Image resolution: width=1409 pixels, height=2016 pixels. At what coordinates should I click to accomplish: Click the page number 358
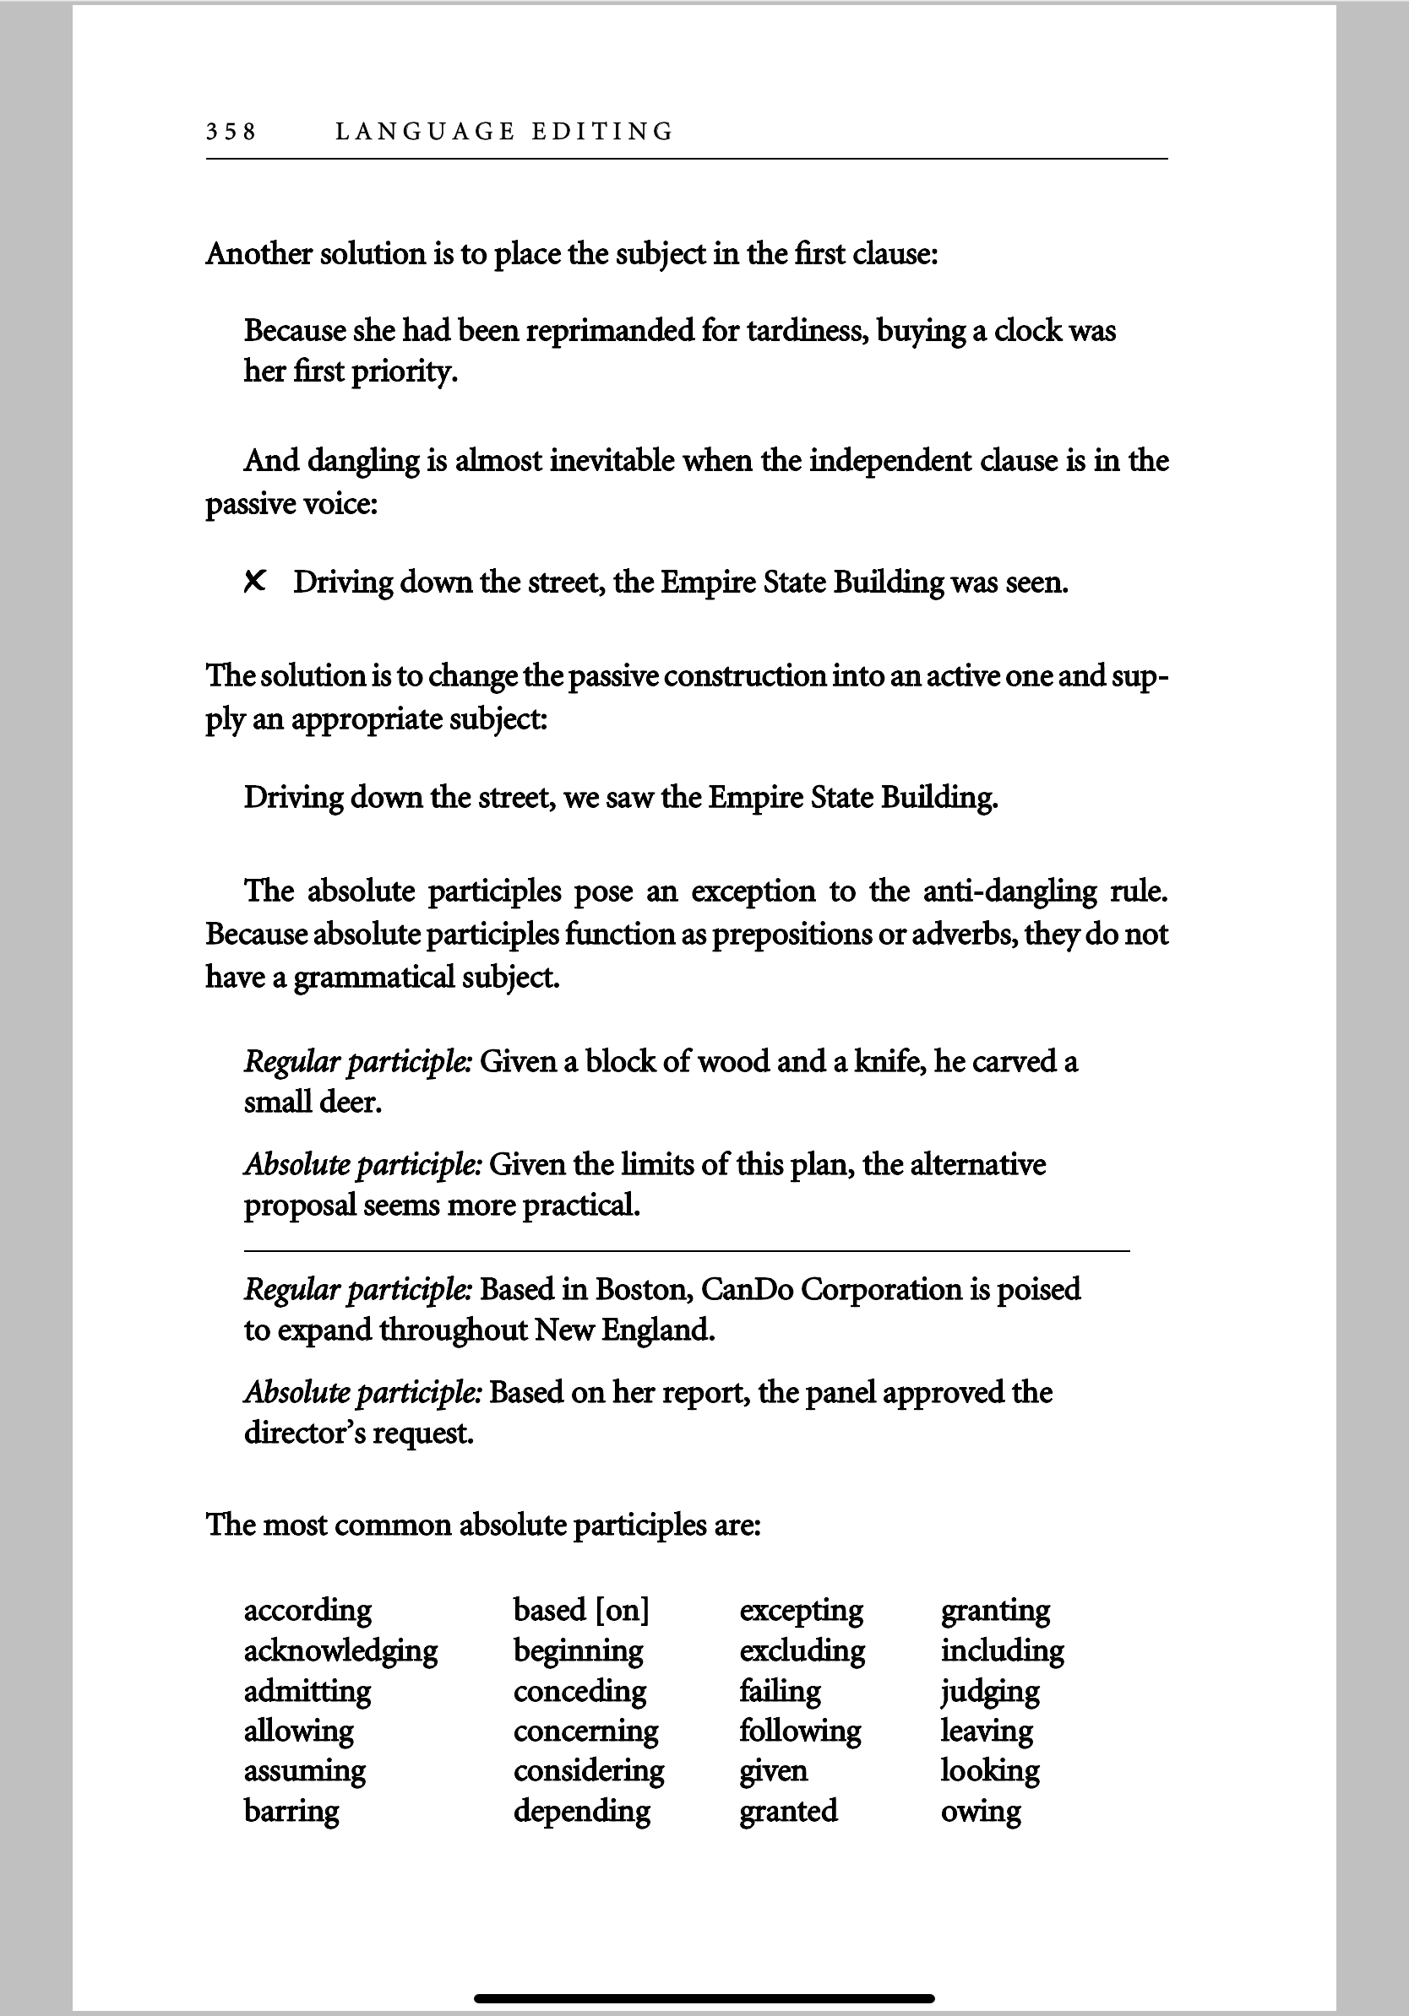pyautogui.click(x=231, y=132)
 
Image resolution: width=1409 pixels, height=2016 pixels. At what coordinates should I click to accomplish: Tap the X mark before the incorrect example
pyautogui.click(x=255, y=582)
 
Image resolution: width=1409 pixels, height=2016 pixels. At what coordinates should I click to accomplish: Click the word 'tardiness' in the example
pyautogui.click(x=807, y=331)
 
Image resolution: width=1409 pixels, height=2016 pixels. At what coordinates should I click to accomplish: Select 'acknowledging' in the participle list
pyautogui.click(x=340, y=1651)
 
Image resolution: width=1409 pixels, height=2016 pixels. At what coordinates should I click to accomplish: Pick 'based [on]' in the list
pyautogui.click(x=580, y=1610)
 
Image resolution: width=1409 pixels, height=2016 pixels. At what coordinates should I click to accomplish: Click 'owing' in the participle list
pyautogui.click(x=981, y=1811)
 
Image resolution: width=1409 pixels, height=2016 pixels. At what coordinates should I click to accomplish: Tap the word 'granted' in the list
pyautogui.click(x=788, y=1811)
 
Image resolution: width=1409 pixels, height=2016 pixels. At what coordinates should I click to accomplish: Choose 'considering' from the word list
pyautogui.click(x=589, y=1770)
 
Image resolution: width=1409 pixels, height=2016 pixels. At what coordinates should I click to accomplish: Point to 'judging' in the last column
pyautogui.click(x=990, y=1691)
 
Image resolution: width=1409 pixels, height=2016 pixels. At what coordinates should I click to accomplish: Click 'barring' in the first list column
pyautogui.click(x=291, y=1811)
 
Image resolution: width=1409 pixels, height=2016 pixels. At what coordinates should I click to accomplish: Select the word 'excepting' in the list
pyautogui.click(x=801, y=1610)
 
